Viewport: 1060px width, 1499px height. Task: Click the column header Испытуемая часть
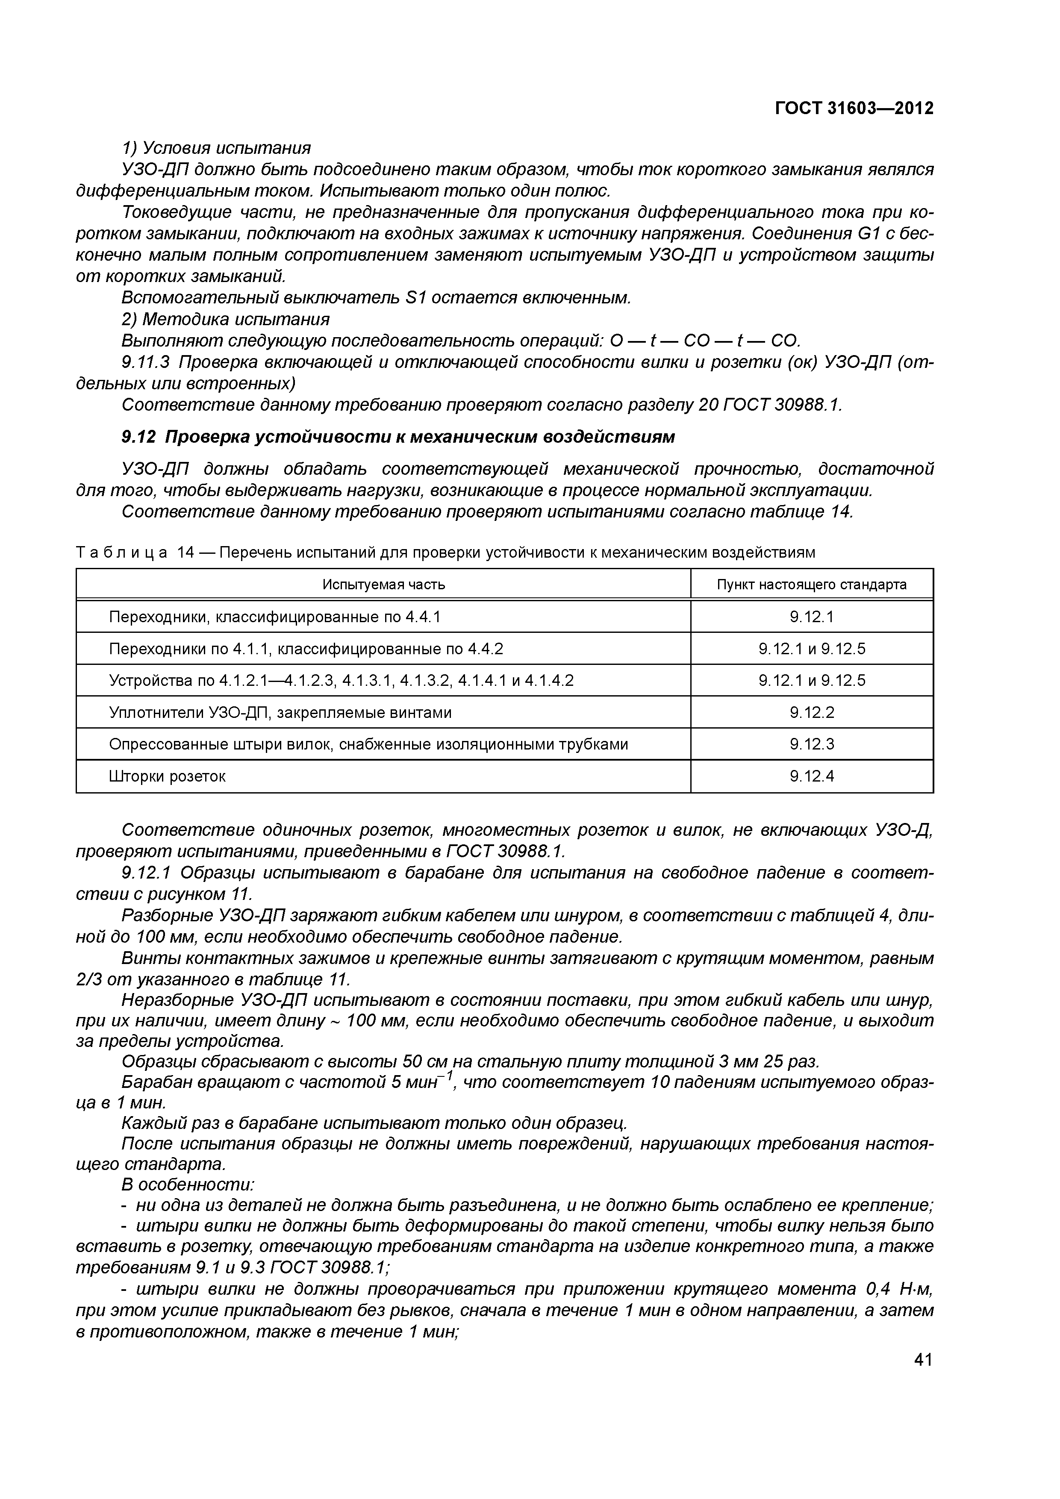383,584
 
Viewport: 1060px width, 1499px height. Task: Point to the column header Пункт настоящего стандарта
811,584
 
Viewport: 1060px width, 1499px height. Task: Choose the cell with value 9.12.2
811,712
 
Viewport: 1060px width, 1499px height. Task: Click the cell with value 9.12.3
811,744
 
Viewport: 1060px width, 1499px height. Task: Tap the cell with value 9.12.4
811,776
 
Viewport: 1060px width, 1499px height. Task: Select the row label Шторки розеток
167,776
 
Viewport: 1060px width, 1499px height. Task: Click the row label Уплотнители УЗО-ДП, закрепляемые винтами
280,712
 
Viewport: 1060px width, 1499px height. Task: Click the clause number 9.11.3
147,362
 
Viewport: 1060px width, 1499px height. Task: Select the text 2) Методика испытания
225,319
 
